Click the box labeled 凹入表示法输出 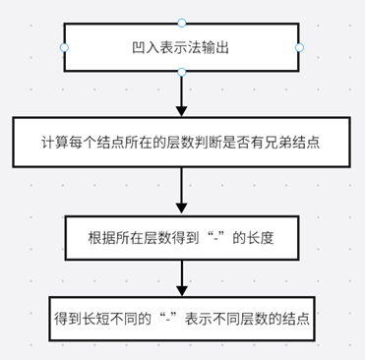point(181,46)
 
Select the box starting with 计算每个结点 point(181,144)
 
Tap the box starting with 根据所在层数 point(181,238)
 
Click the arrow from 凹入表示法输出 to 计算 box point(181,94)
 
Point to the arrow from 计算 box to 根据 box point(181,191)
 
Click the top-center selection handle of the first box point(181,22)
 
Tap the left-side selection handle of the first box point(64,46)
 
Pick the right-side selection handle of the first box point(299,46)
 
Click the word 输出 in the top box point(217,46)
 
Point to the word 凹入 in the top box point(145,46)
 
